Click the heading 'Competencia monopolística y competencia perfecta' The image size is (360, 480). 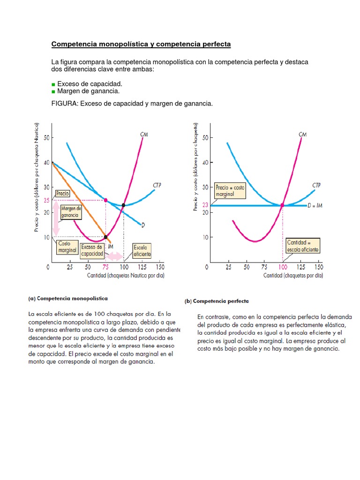[141, 45]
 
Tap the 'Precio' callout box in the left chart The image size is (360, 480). [62, 193]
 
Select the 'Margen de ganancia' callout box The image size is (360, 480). [71, 212]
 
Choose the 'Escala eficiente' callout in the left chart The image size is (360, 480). [142, 250]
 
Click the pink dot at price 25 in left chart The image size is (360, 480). [105, 200]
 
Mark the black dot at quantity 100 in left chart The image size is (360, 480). [123, 205]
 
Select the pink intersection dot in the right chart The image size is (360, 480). [282, 205]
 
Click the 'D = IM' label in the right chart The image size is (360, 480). [315, 205]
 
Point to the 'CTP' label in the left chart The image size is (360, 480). [157, 186]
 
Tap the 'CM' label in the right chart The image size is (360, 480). [302, 135]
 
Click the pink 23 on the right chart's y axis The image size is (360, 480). [205, 205]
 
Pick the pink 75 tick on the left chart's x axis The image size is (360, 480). [105, 267]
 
